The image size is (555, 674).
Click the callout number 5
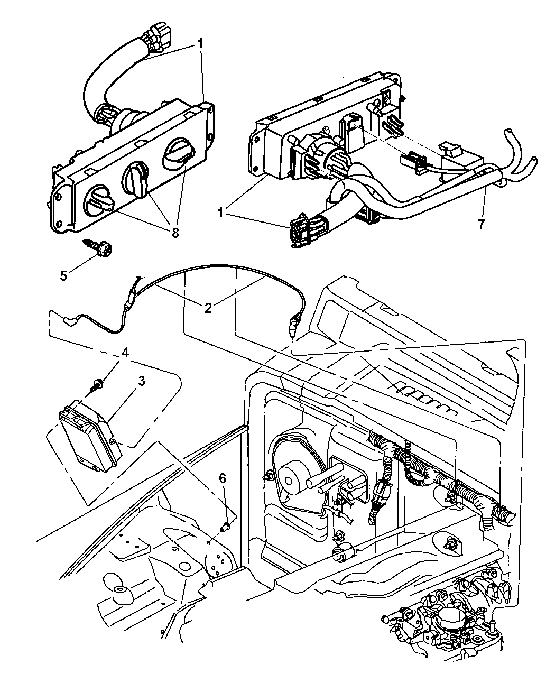tap(63, 275)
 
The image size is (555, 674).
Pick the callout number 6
tap(223, 478)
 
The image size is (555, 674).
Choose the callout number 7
tap(480, 224)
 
